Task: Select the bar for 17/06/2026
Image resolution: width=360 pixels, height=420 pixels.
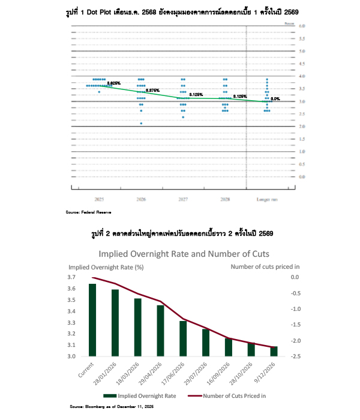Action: [183, 338]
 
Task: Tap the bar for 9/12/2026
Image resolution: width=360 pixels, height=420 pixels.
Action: [274, 351]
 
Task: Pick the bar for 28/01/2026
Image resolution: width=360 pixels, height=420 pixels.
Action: [115, 323]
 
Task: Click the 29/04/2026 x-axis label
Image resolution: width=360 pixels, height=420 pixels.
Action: [154, 373]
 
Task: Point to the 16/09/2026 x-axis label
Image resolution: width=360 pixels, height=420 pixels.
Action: [221, 373]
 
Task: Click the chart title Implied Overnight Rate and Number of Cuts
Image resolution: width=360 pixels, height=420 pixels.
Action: [179, 253]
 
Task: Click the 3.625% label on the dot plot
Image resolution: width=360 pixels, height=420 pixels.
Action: [114, 83]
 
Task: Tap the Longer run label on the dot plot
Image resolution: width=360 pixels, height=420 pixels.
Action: [267, 199]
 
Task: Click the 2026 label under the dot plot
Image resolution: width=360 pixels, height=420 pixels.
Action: [141, 199]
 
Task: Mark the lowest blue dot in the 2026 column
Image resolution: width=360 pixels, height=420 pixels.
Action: [141, 124]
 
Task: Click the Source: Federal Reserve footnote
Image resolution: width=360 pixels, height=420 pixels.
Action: [88, 212]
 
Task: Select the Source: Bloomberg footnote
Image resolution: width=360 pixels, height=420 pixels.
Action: [111, 407]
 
